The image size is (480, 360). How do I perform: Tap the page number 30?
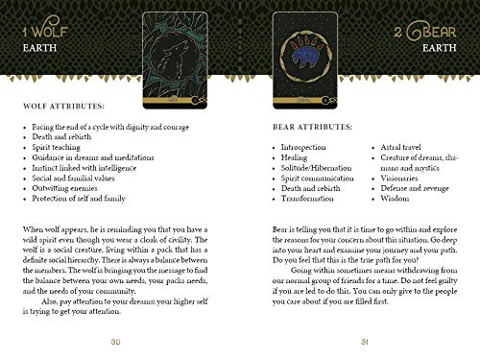point(114,343)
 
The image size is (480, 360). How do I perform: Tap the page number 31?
point(364,343)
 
